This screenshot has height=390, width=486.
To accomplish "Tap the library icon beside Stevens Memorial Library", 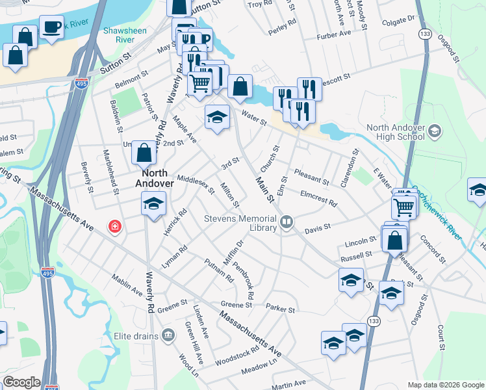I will pos(286,224).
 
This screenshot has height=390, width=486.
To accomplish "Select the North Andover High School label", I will pos(396,133).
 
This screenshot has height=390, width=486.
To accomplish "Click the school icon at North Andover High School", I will pos(435,132).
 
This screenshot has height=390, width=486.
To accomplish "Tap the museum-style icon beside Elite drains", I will pos(168,335).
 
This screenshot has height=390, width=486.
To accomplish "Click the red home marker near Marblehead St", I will pos(115,227).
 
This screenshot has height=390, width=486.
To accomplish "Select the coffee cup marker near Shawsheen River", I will pos(51,28).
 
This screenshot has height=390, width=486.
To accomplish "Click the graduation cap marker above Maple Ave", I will pos(218,117).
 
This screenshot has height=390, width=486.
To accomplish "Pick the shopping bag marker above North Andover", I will pos(144,153).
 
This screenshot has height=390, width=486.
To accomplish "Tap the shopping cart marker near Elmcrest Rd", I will pos(403,207).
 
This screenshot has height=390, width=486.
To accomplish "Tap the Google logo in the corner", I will pos(21,382).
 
